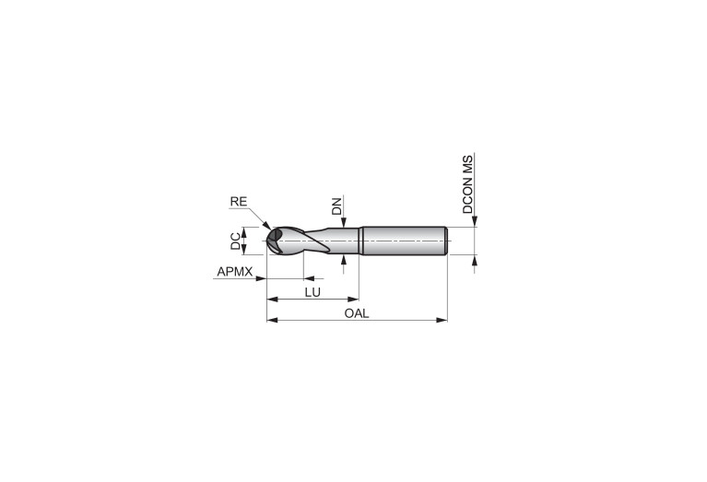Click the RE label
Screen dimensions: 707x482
pos(239,202)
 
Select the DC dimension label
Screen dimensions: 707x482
pos(235,241)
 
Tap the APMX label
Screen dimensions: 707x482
pos(235,272)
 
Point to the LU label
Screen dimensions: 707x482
pos(312,292)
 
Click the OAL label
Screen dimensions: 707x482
pos(357,313)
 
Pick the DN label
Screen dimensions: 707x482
pos(336,206)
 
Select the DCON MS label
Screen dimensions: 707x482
pos(468,184)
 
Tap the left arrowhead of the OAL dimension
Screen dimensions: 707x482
pos(272,320)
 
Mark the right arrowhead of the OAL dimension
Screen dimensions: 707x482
pos(442,320)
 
